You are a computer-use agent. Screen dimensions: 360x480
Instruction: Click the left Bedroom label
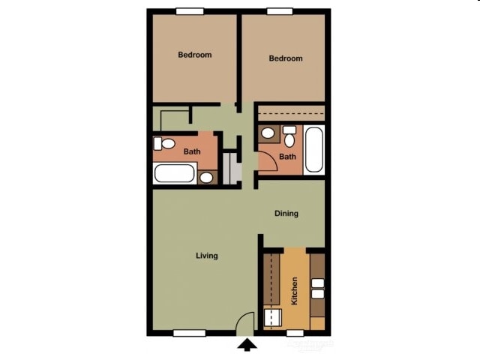(x=194, y=55)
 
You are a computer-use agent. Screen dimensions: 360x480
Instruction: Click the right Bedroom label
(x=285, y=58)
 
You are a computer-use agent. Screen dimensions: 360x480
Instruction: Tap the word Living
(x=207, y=256)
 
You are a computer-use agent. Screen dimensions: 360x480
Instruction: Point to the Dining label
(x=286, y=214)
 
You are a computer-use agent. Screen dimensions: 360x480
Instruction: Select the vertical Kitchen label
(x=295, y=288)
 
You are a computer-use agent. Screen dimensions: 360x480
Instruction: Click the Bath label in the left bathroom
(x=192, y=151)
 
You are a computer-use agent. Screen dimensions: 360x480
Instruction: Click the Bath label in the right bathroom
(x=287, y=157)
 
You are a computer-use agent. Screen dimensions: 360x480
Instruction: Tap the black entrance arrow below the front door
(x=247, y=345)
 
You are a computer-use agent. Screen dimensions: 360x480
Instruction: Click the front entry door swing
(x=244, y=323)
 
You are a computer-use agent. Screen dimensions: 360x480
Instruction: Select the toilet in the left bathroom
(x=165, y=142)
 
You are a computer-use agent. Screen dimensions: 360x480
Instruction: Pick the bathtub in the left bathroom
(x=175, y=174)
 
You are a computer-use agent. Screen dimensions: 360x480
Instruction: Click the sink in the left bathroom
(x=206, y=178)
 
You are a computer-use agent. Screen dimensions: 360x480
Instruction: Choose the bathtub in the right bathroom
(x=314, y=150)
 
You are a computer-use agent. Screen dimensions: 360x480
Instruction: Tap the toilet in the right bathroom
(x=289, y=137)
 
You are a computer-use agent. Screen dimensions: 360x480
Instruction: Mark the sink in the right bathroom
(x=268, y=133)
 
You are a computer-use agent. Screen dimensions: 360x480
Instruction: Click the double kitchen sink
(x=317, y=289)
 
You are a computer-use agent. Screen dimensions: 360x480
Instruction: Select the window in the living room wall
(x=189, y=333)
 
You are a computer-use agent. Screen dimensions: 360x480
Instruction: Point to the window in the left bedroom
(x=190, y=11)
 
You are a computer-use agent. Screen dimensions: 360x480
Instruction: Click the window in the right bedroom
(x=280, y=11)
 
